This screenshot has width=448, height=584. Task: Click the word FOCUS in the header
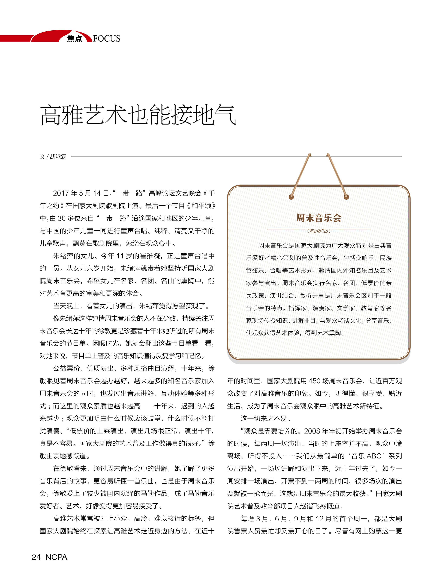107,39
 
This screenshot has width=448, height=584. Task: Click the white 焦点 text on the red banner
74,39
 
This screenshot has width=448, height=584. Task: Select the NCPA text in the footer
56,557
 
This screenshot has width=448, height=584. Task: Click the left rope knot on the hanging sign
291,197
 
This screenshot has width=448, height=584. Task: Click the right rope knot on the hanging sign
346,197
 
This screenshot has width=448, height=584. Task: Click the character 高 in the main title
51,115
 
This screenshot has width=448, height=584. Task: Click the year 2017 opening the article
61,193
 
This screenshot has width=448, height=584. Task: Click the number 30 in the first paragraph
62,218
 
